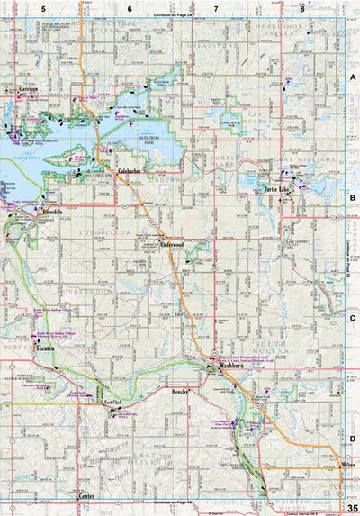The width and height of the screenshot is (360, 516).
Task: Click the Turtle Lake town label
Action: (279, 190)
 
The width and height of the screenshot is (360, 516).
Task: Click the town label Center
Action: (87, 496)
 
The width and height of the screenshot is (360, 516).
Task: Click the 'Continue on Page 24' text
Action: (174, 16)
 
